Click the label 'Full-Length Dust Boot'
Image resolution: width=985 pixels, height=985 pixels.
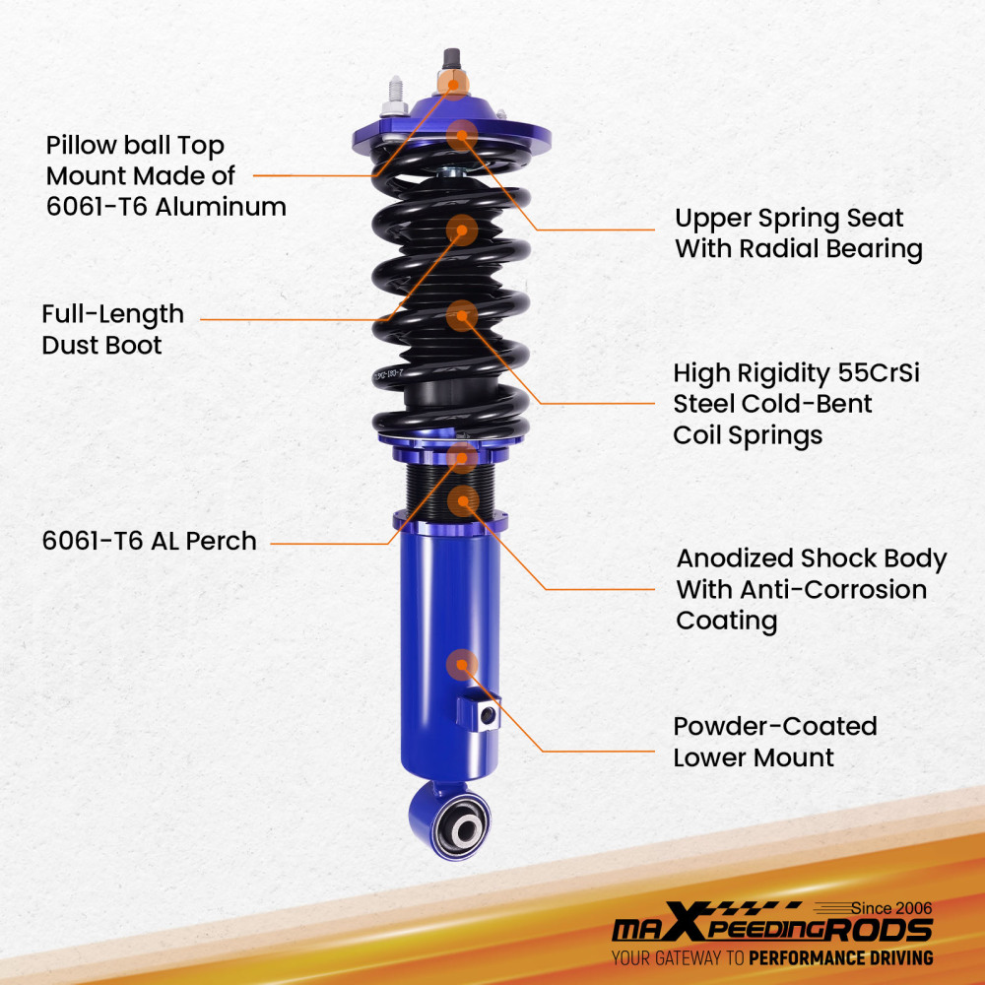pos(112,330)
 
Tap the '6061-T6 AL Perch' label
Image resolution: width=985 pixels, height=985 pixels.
pos(149,541)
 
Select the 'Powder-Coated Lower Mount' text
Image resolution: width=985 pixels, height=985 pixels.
pos(774,742)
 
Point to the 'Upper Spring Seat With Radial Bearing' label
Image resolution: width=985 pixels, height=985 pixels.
pos(798,233)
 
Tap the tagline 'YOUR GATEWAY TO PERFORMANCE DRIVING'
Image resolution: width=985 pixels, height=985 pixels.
pos(771,957)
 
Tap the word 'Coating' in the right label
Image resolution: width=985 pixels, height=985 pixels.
pos(726,622)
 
